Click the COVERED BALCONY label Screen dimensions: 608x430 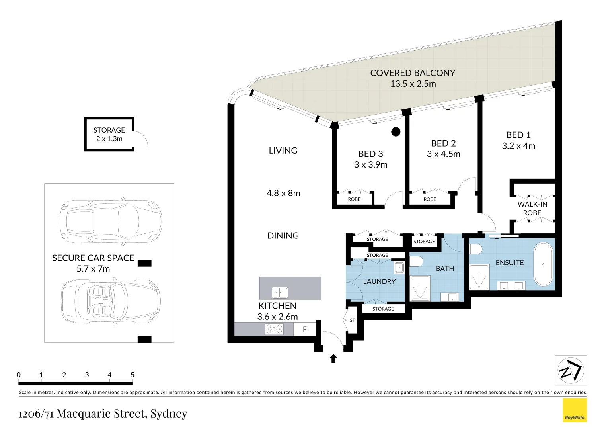413,73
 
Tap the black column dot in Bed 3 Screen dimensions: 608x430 396,132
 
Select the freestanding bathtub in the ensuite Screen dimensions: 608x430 543,264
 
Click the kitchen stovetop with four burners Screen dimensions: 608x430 274,329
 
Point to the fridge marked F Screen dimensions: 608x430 305,329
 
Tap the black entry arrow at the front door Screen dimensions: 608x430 333,358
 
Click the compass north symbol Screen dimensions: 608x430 571,371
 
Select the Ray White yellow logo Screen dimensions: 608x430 575,410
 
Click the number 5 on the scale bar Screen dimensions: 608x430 133,375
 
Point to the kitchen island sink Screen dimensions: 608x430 280,293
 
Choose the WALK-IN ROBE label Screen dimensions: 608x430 532,209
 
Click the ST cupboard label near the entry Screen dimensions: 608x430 352,320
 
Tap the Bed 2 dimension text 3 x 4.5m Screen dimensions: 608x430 443,154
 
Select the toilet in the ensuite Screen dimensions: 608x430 476,249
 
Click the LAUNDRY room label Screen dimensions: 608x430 379,281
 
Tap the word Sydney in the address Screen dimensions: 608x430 169,414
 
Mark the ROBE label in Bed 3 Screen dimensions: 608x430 354,199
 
